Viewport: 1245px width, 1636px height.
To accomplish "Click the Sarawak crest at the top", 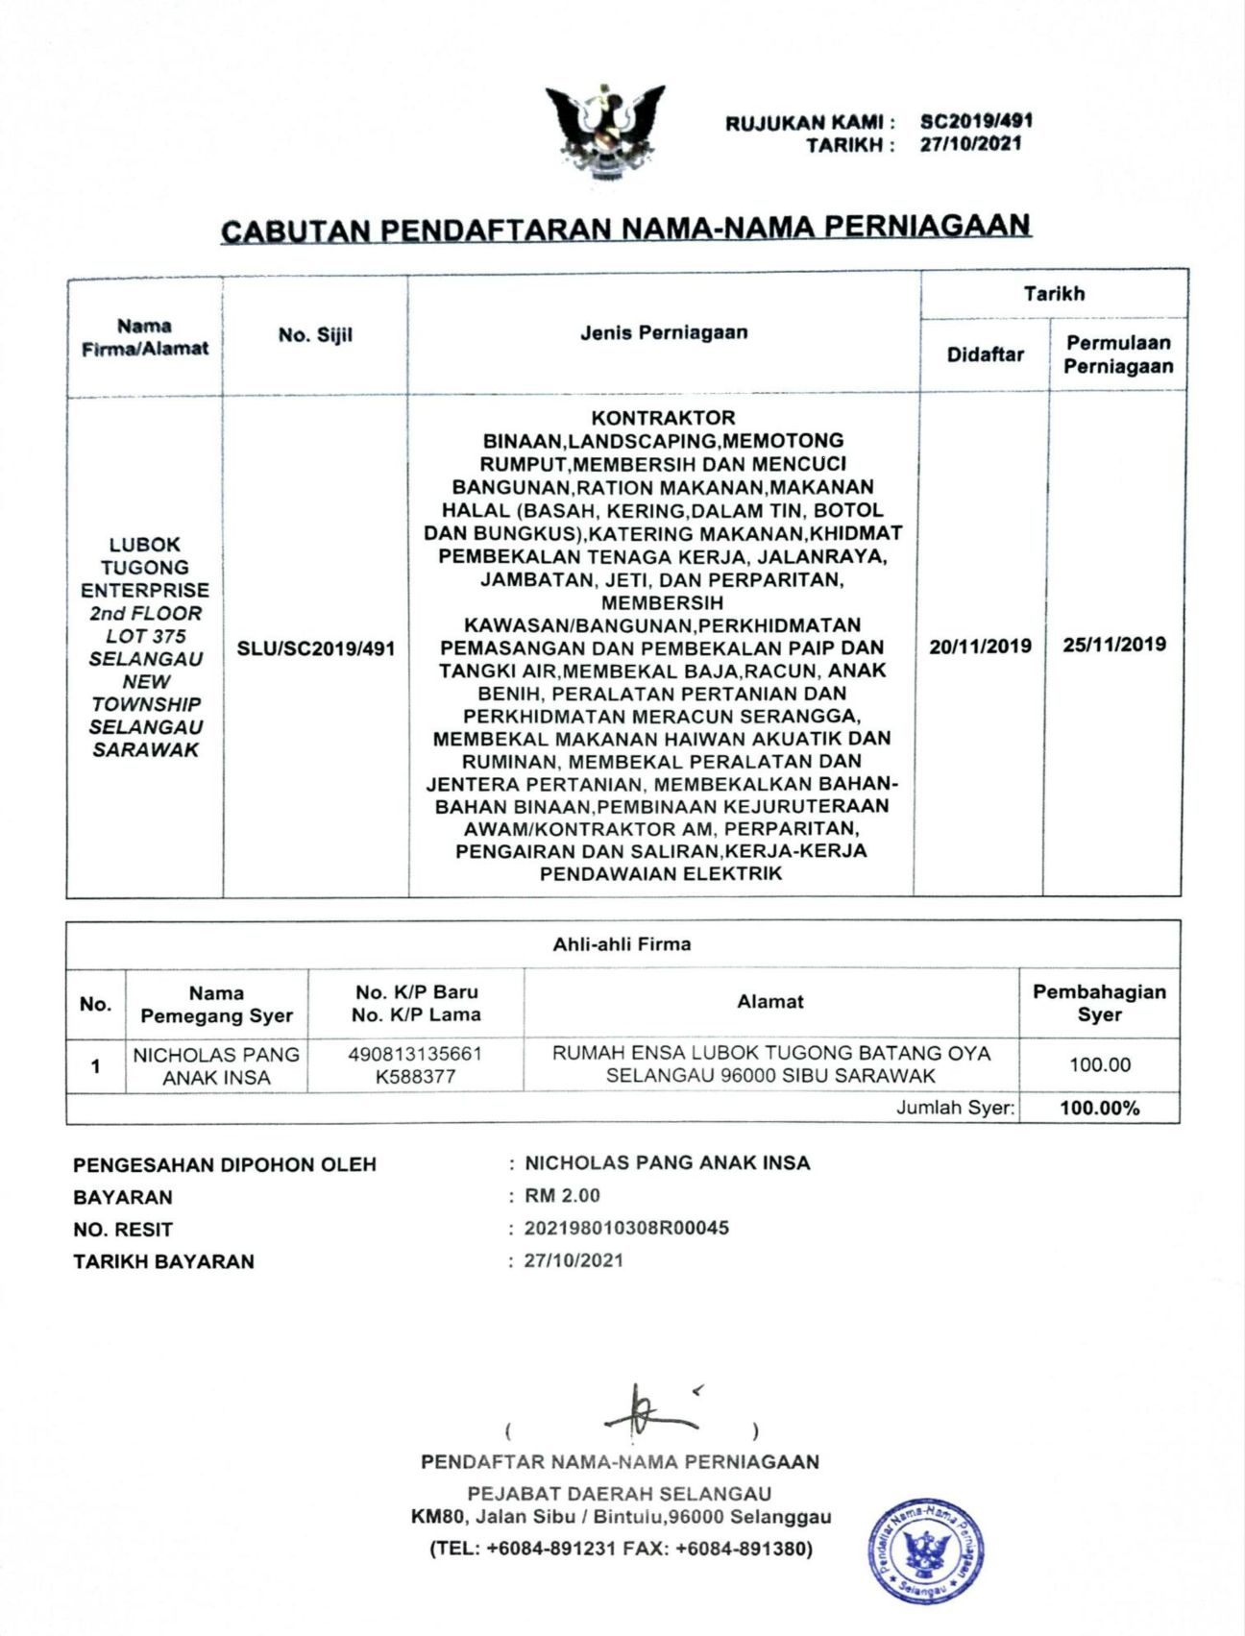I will pyautogui.click(x=605, y=133).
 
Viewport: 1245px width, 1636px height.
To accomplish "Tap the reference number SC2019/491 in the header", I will pyautogui.click(x=976, y=121).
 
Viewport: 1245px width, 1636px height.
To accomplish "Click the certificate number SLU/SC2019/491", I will pyautogui.click(x=316, y=648).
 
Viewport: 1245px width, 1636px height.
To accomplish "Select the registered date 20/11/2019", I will pyautogui.click(x=980, y=646).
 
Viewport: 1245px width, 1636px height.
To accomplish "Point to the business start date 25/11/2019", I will pyautogui.click(x=1114, y=644).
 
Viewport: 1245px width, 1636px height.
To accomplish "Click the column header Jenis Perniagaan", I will pyautogui.click(x=663, y=332).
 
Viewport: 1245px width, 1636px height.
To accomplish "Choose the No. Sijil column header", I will pyautogui.click(x=315, y=335).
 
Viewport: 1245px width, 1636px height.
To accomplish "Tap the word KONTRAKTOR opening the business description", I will pyautogui.click(x=663, y=418).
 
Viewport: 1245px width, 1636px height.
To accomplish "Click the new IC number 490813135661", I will pyautogui.click(x=415, y=1054).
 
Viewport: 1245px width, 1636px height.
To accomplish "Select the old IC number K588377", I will pyautogui.click(x=415, y=1077).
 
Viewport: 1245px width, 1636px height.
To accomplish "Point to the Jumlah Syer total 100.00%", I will pyautogui.click(x=1099, y=1108).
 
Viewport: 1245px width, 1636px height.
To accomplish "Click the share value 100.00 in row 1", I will pyautogui.click(x=1100, y=1064).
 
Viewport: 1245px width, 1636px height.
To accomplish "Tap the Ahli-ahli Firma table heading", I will pyautogui.click(x=622, y=944).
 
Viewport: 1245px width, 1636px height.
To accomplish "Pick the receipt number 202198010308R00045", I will pyautogui.click(x=626, y=1228).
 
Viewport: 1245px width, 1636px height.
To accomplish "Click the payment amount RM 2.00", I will pyautogui.click(x=562, y=1196).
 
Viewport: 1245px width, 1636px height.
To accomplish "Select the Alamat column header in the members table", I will pyautogui.click(x=769, y=1002).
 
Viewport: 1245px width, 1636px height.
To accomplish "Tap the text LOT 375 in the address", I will pyautogui.click(x=145, y=636).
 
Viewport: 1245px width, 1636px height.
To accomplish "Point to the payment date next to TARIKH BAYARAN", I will pyautogui.click(x=574, y=1260).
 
